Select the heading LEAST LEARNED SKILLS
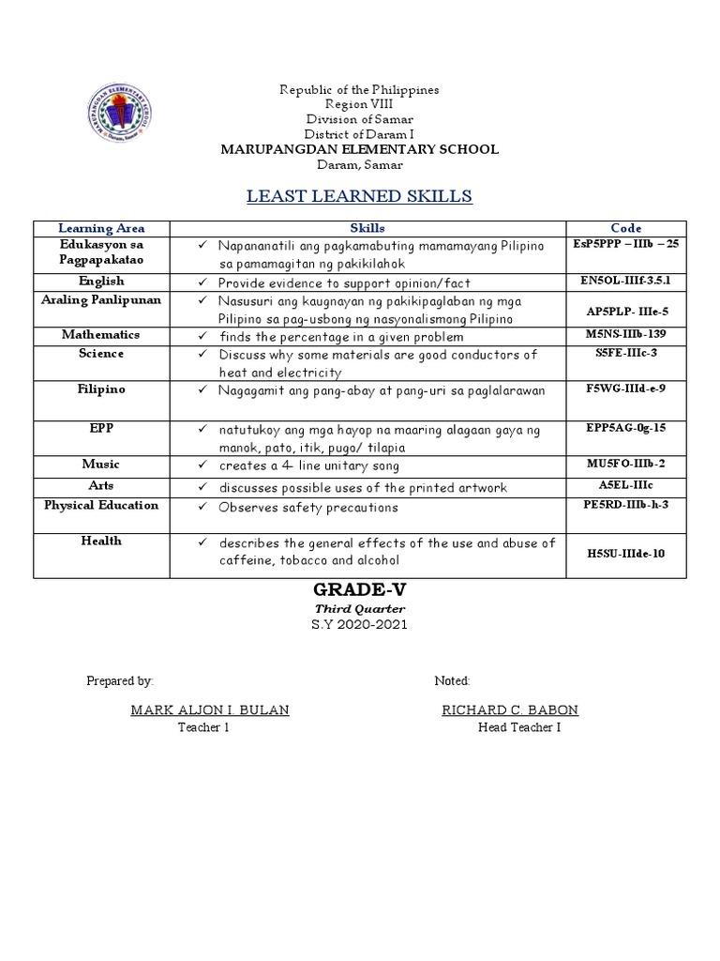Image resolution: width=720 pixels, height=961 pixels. tap(359, 195)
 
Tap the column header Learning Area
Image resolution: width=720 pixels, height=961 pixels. tap(101, 228)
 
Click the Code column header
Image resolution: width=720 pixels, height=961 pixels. tap(625, 228)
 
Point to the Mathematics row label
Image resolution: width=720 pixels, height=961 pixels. tap(101, 335)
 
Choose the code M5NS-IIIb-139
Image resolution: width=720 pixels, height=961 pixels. tap(625, 335)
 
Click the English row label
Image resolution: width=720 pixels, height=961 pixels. tap(101, 280)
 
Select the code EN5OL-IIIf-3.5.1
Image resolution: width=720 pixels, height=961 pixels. tap(625, 280)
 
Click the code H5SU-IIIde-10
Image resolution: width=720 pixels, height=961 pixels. tap(625, 554)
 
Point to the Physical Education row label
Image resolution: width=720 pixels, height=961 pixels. tap(101, 505)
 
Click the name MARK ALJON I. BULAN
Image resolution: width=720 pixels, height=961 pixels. tap(210, 709)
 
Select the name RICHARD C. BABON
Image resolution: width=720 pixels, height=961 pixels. tap(510, 709)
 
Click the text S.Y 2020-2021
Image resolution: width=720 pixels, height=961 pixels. tap(359, 625)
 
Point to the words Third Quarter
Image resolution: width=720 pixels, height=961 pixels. tap(359, 608)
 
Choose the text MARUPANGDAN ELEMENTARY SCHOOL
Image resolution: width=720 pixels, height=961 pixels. tap(359, 149)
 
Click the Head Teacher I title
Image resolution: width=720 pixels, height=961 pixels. tap(519, 727)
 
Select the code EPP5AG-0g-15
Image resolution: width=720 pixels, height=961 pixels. tap(625, 427)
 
